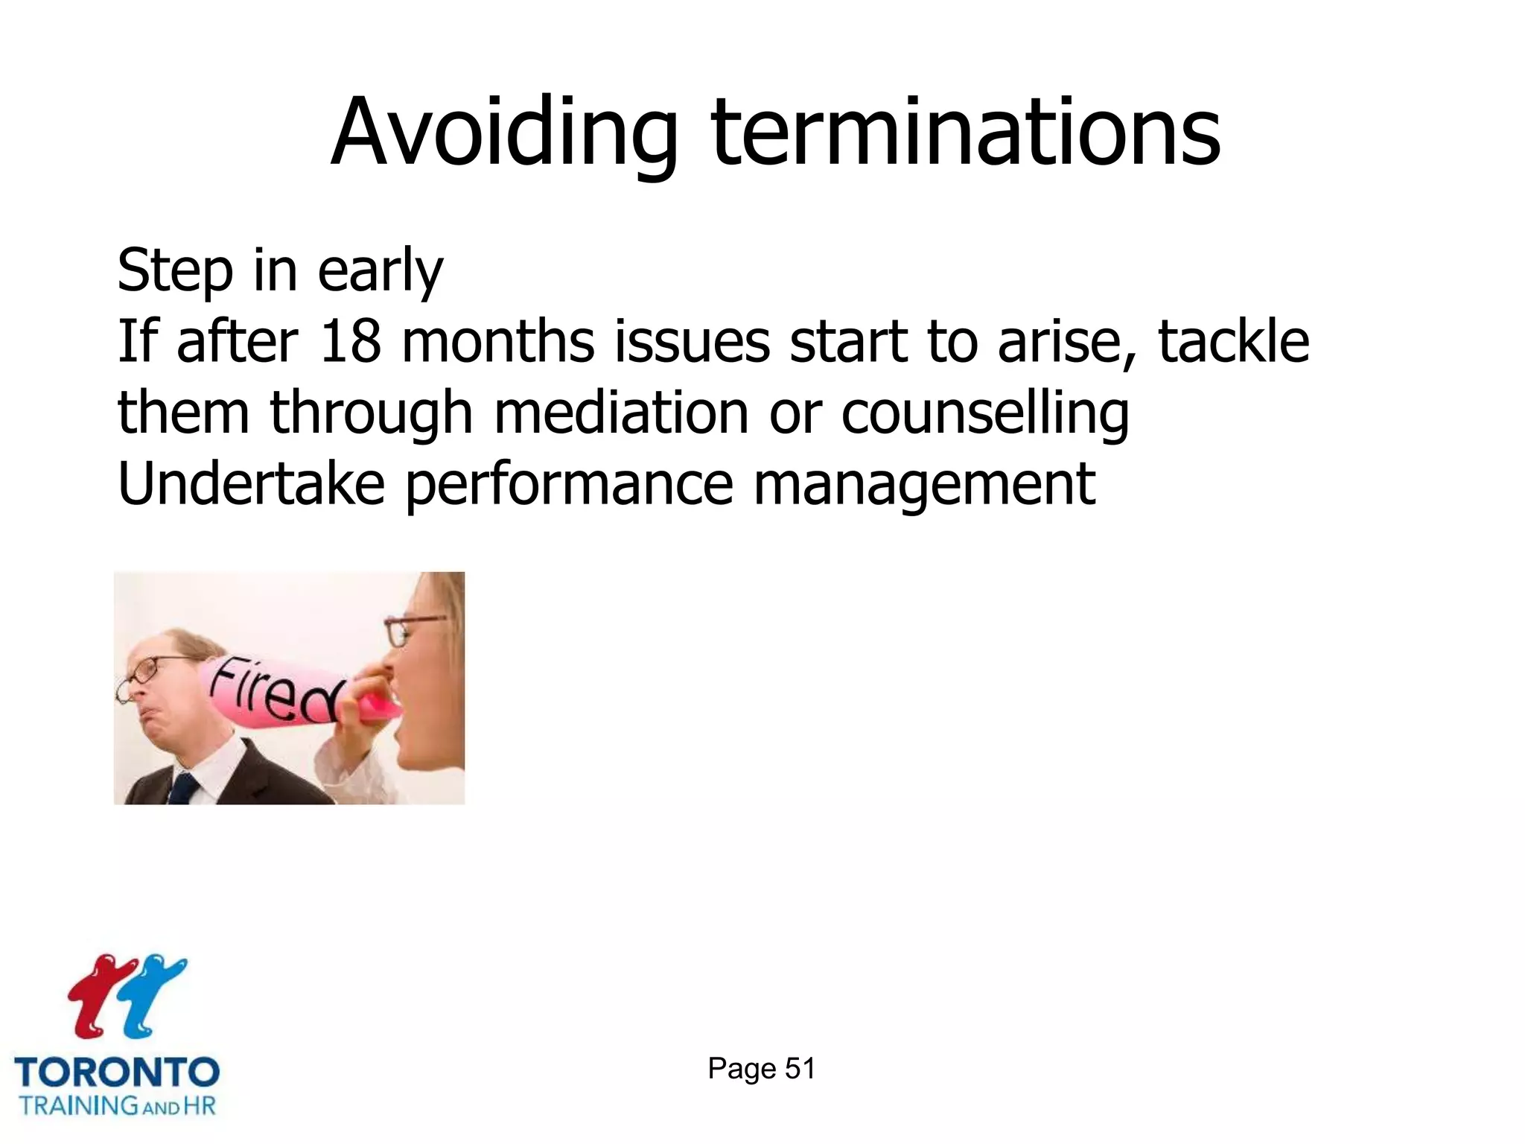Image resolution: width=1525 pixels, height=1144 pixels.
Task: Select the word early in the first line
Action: (380, 271)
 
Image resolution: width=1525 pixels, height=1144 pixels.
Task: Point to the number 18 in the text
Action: (350, 342)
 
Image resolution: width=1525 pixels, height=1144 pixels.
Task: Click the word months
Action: (497, 342)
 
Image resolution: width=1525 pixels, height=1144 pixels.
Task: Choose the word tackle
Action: (1233, 342)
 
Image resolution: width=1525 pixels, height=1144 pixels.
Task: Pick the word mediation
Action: (621, 413)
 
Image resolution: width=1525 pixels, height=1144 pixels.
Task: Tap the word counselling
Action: (984, 414)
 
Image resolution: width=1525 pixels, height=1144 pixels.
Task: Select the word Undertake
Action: (251, 483)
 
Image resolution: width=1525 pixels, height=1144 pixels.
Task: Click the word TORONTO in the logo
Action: (117, 1072)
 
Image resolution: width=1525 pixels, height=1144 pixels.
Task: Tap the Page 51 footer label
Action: (761, 1069)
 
